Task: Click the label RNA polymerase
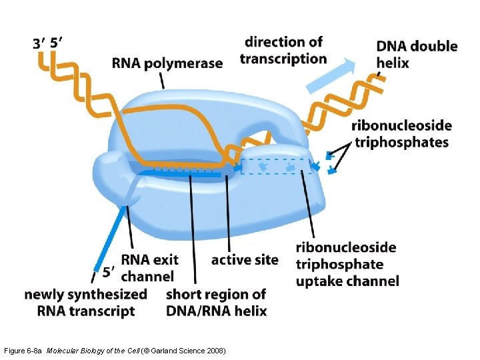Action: pos(167,63)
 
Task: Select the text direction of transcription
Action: pos(283,50)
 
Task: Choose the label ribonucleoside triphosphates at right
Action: pos(401,133)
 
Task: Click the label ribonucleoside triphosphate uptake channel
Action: pos(347,264)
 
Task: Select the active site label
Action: pos(245,259)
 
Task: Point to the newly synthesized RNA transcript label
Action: pos(85,302)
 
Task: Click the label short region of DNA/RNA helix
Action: pos(216,302)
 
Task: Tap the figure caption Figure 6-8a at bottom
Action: pos(24,351)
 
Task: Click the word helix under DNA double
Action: pos(392,63)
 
